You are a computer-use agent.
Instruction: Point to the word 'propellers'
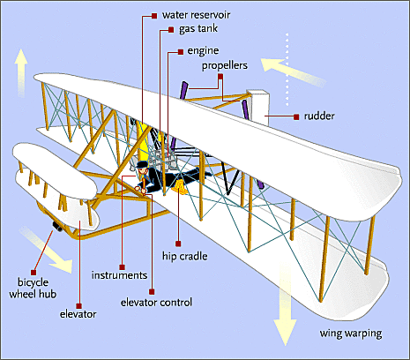click(224, 65)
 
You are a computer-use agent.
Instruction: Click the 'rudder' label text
click(320, 116)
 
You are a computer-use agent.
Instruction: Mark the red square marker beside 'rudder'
click(294, 116)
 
